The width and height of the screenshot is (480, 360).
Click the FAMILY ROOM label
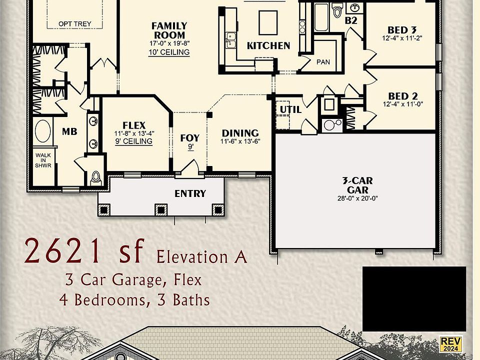[x=169, y=30]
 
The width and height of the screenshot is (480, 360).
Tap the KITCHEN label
[x=268, y=45]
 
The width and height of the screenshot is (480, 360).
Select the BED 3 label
[x=402, y=30]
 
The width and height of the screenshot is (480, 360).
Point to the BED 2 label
[x=403, y=96]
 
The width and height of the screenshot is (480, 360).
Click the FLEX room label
[x=133, y=125]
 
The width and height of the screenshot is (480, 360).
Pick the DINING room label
[x=240, y=133]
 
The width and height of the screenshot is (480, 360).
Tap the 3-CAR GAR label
[x=357, y=185]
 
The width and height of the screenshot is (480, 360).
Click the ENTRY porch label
[x=190, y=193]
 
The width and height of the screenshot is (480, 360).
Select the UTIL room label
[x=290, y=109]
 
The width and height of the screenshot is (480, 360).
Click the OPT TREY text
[x=75, y=23]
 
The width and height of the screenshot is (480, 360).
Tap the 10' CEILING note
[x=169, y=52]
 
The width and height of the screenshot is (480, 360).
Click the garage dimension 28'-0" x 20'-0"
[x=357, y=198]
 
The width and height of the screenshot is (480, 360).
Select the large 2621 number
[x=62, y=251]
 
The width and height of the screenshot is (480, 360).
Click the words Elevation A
[x=201, y=257]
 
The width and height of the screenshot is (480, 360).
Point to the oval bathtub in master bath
[x=43, y=131]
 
